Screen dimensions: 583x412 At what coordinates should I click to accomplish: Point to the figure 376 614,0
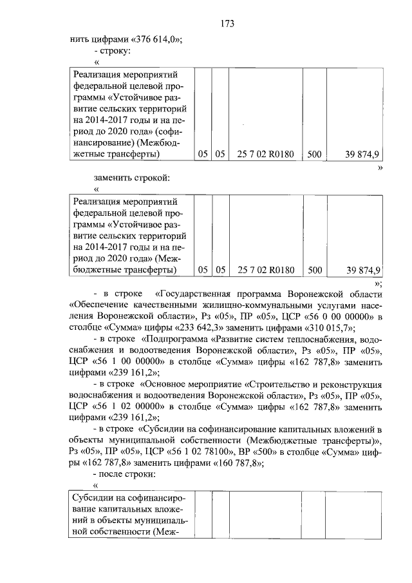tap(154, 39)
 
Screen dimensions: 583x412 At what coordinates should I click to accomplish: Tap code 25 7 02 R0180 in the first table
tap(266, 155)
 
